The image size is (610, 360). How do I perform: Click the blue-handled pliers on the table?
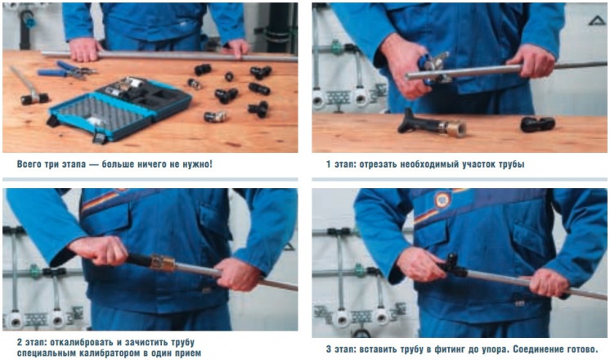click(67, 70)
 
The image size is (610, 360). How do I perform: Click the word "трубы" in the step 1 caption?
click(512, 164)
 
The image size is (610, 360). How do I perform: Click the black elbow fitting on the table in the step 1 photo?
click(538, 124)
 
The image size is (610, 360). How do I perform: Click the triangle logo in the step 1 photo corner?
click(597, 20)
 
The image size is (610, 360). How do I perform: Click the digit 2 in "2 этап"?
click(20, 343)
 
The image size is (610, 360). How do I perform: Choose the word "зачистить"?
click(146, 343)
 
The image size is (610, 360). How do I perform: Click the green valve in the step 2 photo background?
click(35, 272)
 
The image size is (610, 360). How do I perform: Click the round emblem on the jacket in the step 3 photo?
click(442, 200)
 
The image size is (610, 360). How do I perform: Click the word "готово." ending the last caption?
click(581, 349)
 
